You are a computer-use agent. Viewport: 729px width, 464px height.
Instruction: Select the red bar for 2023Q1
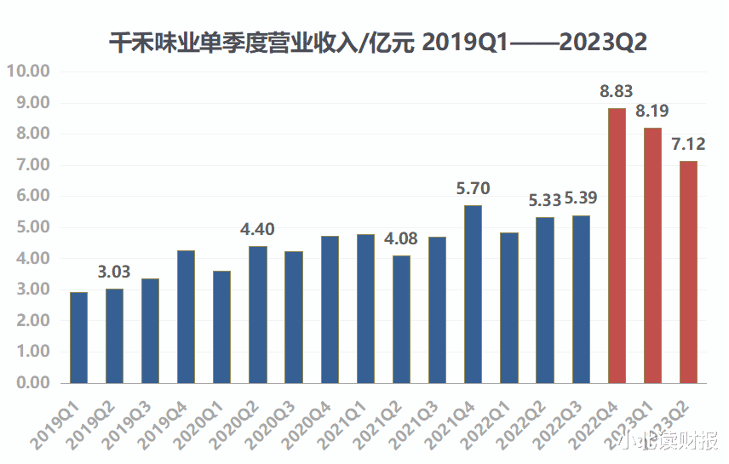click(653, 255)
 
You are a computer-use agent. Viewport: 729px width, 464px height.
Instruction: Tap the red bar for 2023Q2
click(689, 272)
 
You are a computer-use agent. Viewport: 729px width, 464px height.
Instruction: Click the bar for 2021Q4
click(474, 294)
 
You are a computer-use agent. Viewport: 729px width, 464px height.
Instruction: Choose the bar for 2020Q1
click(221, 327)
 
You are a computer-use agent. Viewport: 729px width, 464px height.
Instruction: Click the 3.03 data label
click(114, 272)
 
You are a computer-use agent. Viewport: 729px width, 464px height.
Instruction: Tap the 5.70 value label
click(474, 189)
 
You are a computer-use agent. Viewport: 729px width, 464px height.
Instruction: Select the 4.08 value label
click(401, 239)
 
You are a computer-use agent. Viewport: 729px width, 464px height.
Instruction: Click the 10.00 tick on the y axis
click(28, 72)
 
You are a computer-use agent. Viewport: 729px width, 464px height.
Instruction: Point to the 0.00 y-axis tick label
click(32, 383)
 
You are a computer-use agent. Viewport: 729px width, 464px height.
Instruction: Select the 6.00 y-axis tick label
click(32, 196)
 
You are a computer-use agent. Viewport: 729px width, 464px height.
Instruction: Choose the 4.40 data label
click(257, 230)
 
